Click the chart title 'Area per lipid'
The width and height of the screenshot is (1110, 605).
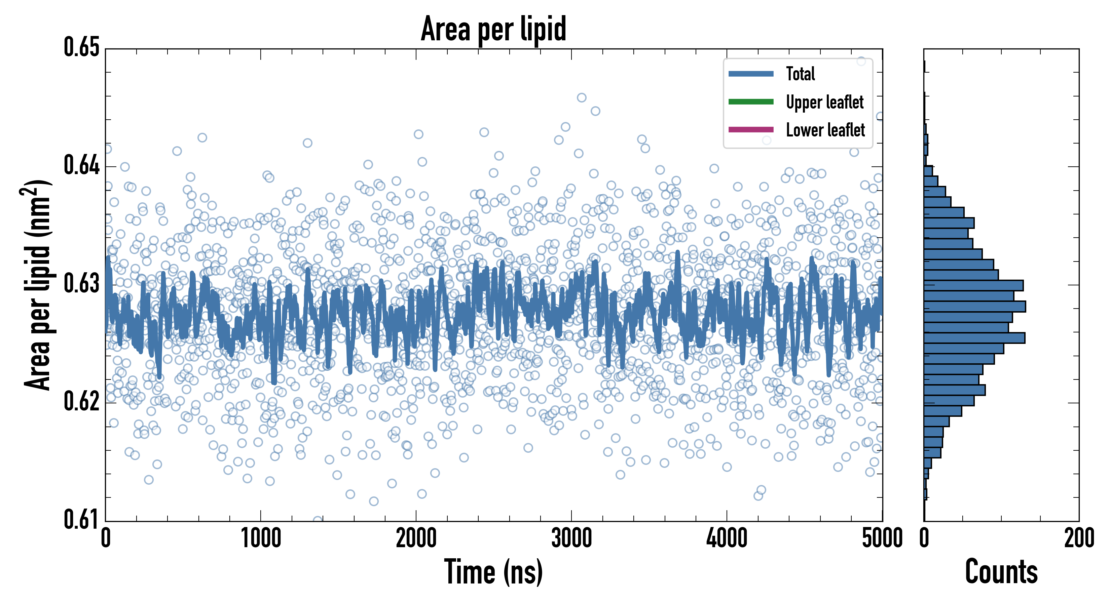click(493, 29)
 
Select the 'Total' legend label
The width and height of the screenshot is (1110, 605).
click(800, 74)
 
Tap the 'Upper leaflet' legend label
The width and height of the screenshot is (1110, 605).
click(824, 102)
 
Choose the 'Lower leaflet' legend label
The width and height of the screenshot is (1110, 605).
click(825, 130)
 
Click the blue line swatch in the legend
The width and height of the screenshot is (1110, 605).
click(751, 74)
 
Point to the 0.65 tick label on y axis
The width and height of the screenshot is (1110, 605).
click(82, 47)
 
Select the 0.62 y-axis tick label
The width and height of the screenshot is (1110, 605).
click(82, 401)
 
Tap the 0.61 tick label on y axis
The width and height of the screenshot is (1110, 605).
click(82, 519)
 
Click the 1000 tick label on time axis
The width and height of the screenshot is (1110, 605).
click(261, 538)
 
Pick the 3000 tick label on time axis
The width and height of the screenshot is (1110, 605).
click(571, 538)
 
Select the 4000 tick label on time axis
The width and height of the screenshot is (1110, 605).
click(727, 538)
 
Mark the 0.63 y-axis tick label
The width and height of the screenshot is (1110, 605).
click(82, 283)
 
